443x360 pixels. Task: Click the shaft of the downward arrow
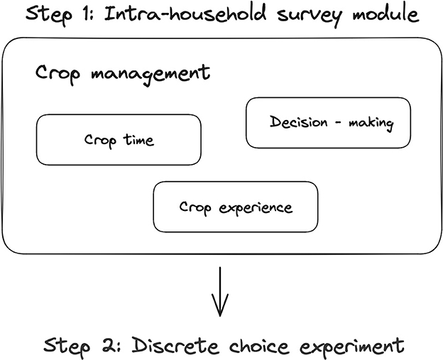click(221, 288)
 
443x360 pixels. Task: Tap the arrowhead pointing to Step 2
click(221, 310)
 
